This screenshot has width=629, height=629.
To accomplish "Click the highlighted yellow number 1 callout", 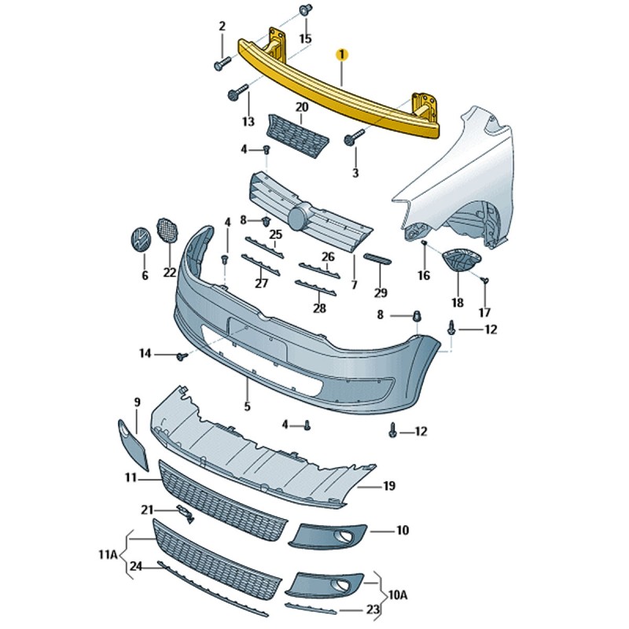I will point(341,54).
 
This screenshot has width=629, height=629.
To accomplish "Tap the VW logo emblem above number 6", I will point(140,240).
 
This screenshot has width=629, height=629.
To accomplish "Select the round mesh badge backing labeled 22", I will point(167,229).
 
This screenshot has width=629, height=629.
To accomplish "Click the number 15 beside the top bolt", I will point(305,38).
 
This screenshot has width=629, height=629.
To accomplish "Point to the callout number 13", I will point(248,121).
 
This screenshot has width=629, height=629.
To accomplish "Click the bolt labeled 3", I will point(351,141).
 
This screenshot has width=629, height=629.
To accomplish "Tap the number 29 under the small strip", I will point(381,292).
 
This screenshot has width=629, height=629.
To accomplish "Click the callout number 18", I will point(458,302).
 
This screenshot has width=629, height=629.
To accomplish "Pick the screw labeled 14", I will point(182,357).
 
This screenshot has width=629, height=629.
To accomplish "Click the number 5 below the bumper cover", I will point(246,406).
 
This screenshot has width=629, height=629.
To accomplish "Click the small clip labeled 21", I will point(186,514).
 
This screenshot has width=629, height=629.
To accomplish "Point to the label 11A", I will point(108,555).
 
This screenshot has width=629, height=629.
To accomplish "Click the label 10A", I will point(399,595).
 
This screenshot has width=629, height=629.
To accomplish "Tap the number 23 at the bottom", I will point(373,609).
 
